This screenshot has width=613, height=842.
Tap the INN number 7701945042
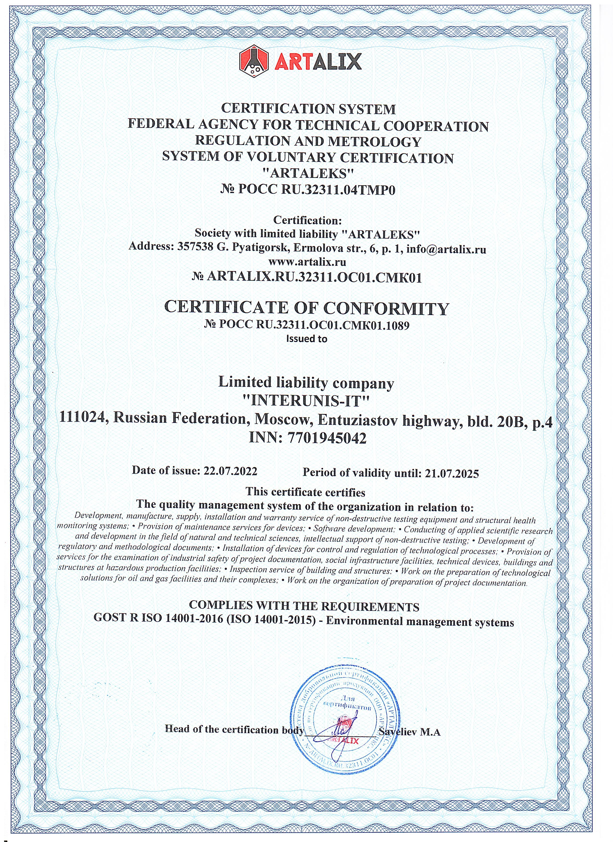pyautogui.click(x=327, y=439)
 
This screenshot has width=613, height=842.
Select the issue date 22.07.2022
pyautogui.click(x=231, y=471)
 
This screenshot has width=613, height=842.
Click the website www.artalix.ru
pyautogui.click(x=307, y=262)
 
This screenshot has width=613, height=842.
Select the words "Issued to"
pyautogui.click(x=307, y=339)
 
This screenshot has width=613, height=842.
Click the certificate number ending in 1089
pyautogui.click(x=307, y=326)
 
